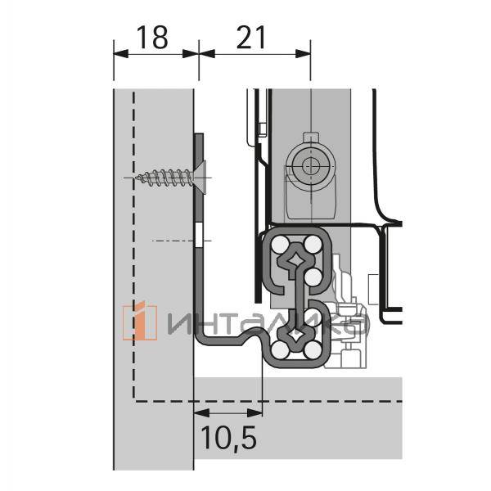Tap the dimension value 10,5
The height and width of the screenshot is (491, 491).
[227, 439]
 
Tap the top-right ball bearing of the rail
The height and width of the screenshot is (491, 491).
[312, 245]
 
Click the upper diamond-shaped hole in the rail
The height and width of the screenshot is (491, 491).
[295, 263]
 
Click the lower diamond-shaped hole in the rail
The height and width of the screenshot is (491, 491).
[295, 335]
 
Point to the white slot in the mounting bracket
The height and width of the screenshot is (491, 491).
[199, 238]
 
